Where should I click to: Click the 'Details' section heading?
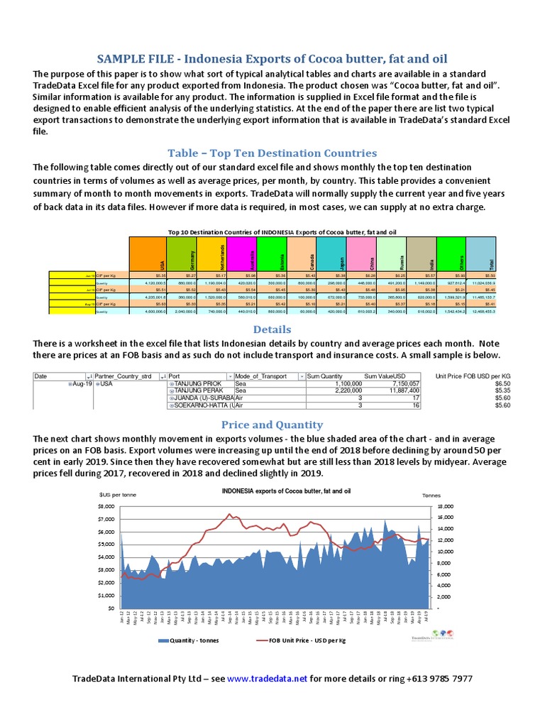pyautogui.click(x=272, y=330)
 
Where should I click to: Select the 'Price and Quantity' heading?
pyautogui.click(x=272, y=425)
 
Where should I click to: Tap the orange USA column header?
pyautogui.click(x=145, y=253)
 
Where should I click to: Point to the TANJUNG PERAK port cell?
pyautogui.click(x=197, y=390)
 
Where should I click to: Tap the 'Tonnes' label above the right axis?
pyautogui.click(x=431, y=495)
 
